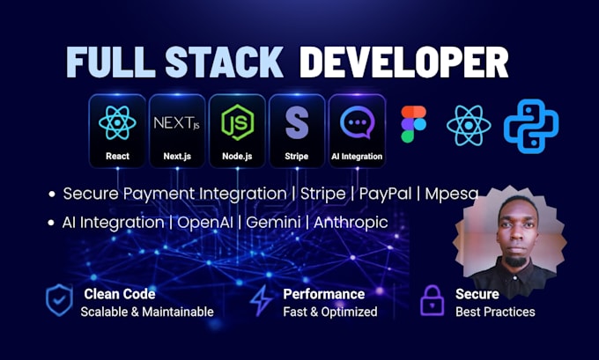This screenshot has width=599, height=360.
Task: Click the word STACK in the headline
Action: pos(225,62)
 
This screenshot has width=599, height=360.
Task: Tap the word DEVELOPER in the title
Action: pos(403,62)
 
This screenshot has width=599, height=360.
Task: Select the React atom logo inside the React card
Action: pos(117,122)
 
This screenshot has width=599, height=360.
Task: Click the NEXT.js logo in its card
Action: pos(176,123)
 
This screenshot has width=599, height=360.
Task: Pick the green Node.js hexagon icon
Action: pos(237,122)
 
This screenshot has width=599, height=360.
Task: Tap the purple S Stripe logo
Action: pos(297,122)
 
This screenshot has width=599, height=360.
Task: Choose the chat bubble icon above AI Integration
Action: pos(357,122)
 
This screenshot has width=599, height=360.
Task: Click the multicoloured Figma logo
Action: pos(413,124)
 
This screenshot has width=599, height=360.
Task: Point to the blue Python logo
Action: pos(531,126)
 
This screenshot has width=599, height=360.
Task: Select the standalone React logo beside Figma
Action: pos(469,125)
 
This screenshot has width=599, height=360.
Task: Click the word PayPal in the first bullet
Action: pos(385,194)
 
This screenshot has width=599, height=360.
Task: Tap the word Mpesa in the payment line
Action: pos(452,194)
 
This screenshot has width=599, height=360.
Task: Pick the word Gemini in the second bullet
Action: pos(273,222)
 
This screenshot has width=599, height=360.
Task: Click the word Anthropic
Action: pos(351,223)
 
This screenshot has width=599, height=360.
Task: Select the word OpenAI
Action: pos(205,223)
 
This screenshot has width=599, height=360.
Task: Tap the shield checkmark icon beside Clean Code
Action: pos(59,299)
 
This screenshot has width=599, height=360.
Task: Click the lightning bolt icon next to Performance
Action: pos(262,301)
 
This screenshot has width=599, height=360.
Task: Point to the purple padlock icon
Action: pos(432,300)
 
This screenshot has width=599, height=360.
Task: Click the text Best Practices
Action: pos(495,312)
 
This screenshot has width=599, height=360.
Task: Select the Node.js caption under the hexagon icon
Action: pos(237,156)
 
